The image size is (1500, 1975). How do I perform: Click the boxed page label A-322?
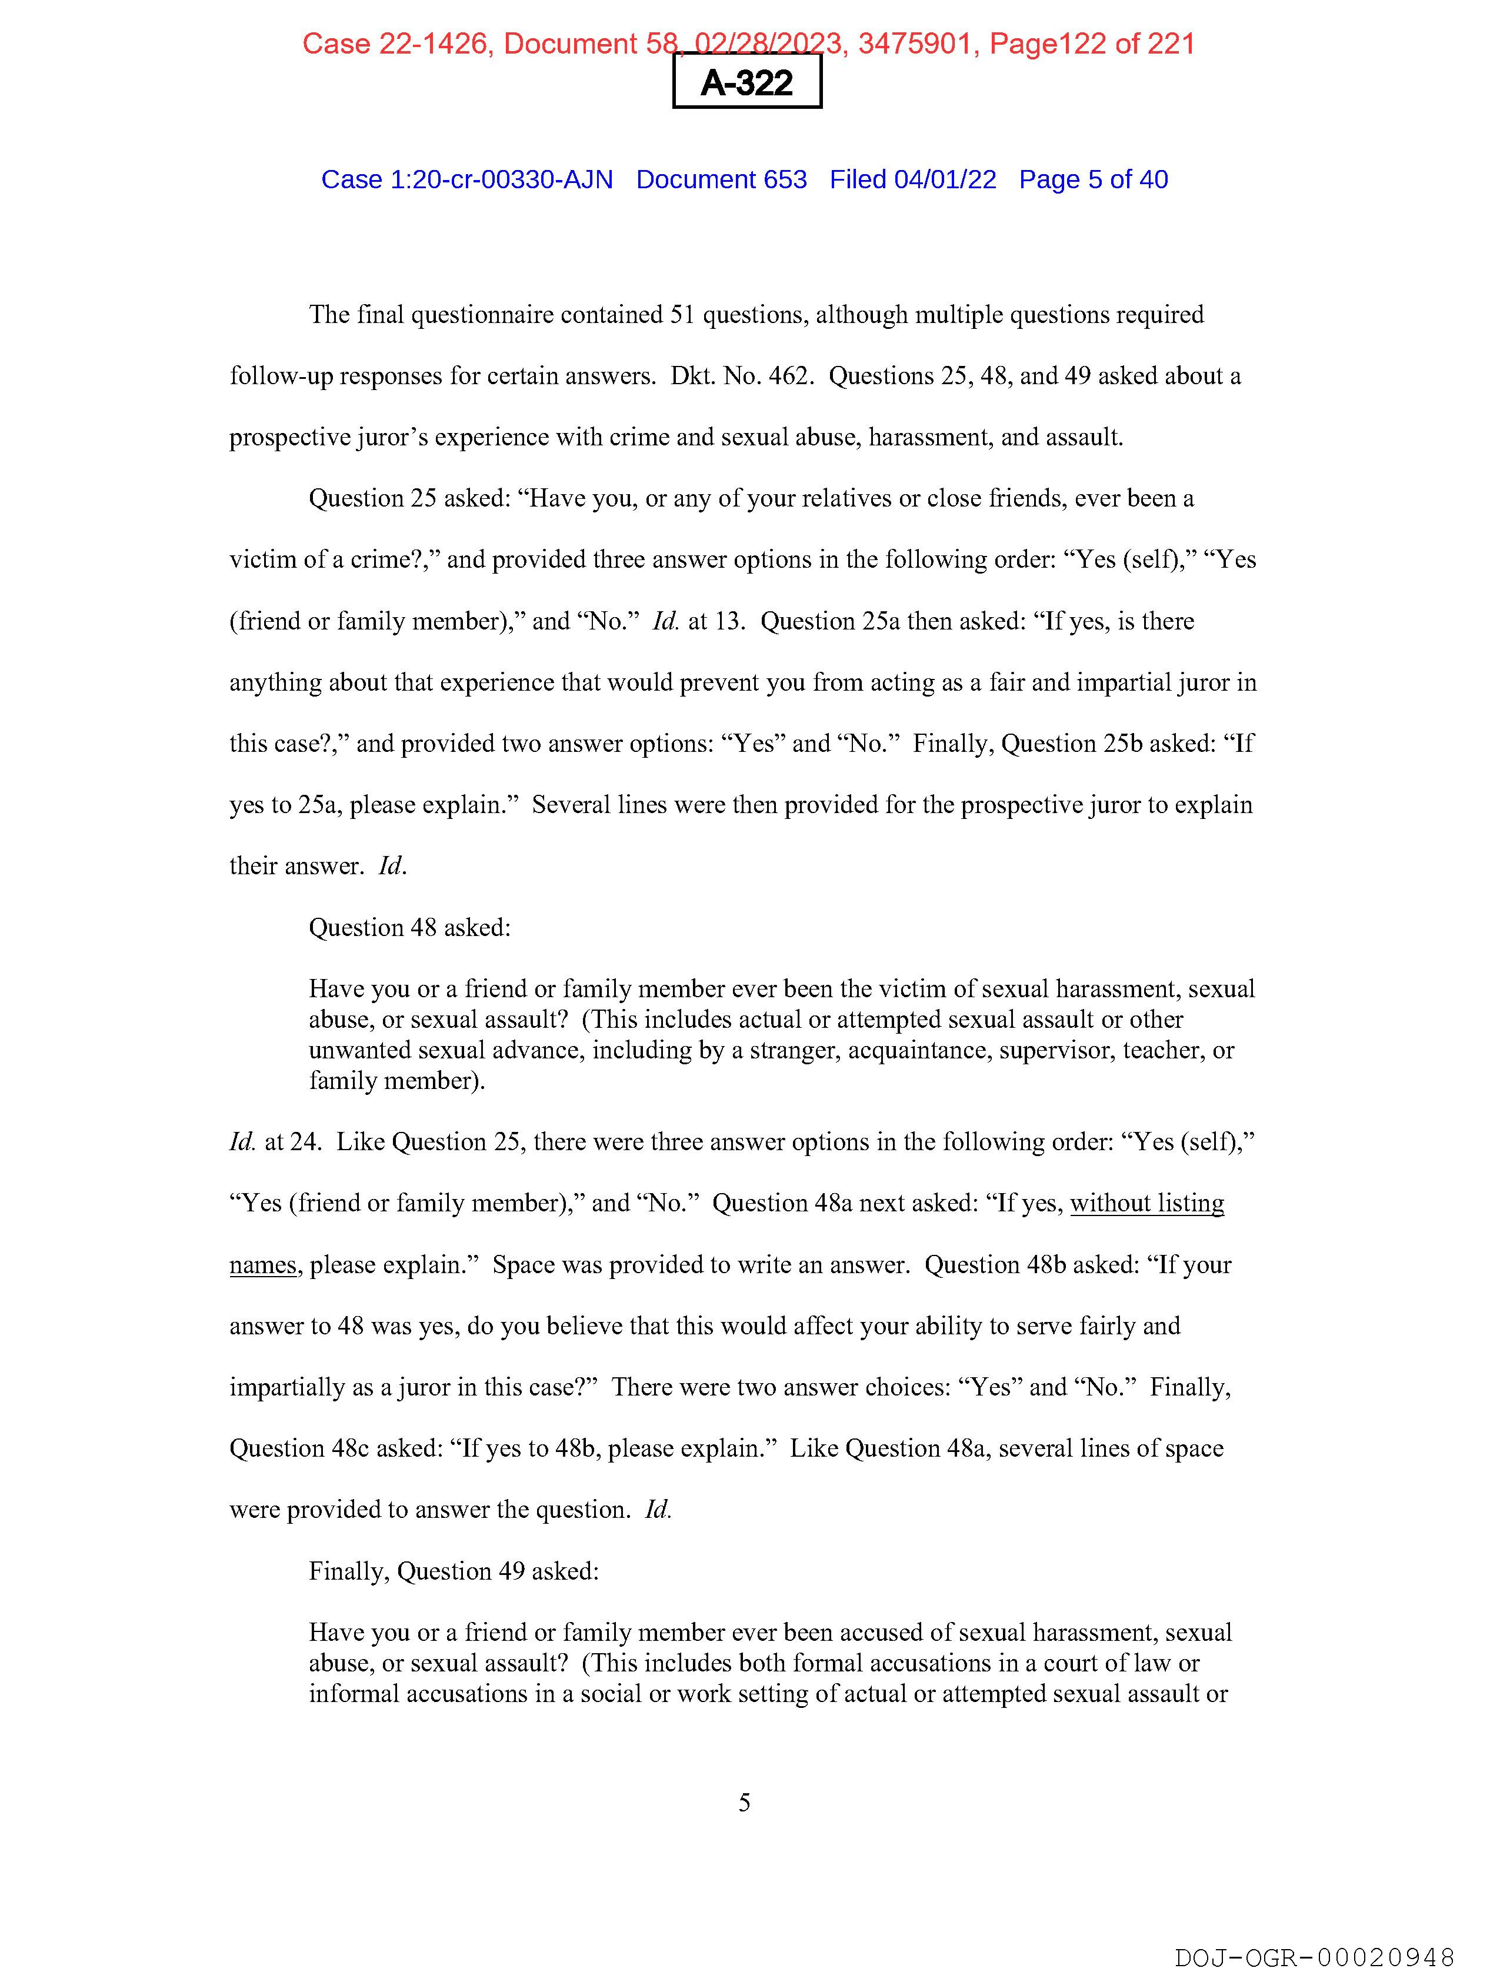[x=746, y=82]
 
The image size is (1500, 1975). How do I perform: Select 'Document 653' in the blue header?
[x=721, y=179]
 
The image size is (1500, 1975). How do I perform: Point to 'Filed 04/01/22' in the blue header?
[x=912, y=179]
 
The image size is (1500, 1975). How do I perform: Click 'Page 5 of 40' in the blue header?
[x=1093, y=179]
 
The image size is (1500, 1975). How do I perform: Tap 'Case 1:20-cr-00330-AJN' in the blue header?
[x=467, y=179]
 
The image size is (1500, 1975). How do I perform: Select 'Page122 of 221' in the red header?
[x=1091, y=44]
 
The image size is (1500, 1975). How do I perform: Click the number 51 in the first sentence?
[x=682, y=315]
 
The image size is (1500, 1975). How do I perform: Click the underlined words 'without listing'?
[x=1146, y=1204]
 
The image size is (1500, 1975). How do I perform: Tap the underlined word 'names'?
[x=262, y=1265]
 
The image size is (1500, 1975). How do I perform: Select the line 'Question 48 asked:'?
[x=410, y=928]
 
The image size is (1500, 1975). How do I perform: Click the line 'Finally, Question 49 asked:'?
[x=454, y=1571]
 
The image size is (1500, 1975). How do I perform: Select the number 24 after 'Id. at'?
[x=305, y=1142]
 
